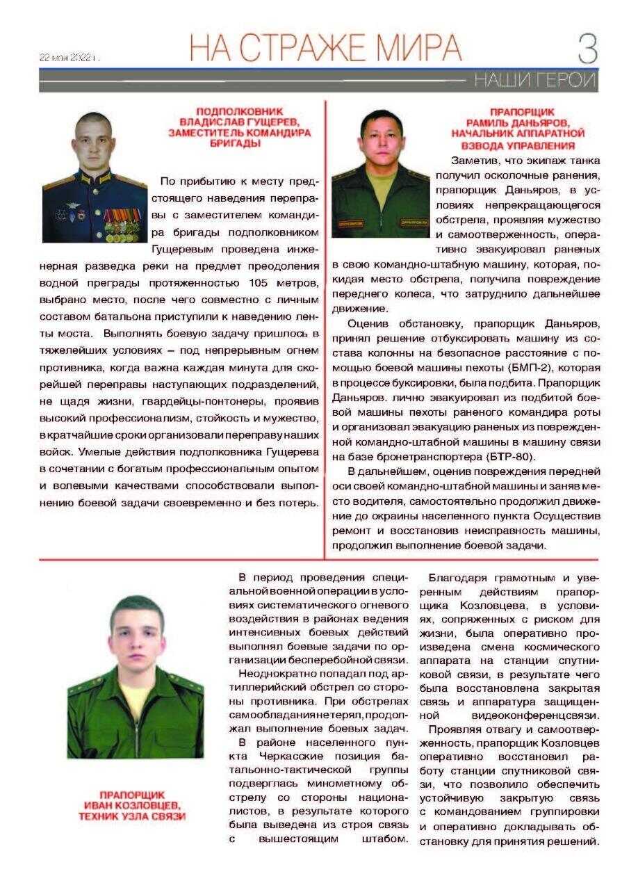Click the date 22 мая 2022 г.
(x=69, y=58)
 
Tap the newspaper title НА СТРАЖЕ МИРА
(x=325, y=47)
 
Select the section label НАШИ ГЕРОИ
(x=534, y=81)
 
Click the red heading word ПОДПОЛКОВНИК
(x=240, y=111)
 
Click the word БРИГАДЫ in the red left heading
(x=240, y=143)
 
